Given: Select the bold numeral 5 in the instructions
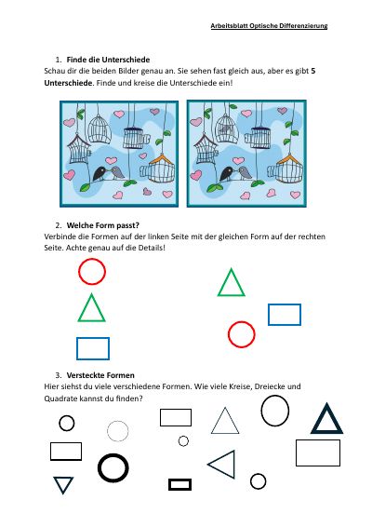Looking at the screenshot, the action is pos(313,71).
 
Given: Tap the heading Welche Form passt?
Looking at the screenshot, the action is pos(102,225).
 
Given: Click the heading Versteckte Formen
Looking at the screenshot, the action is pos(100,375).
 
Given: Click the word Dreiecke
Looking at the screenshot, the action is pos(270,386).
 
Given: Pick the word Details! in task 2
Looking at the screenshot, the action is pos(152,248).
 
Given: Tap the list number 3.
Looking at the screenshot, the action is pos(58,375).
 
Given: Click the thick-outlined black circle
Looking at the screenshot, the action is pos(113,467).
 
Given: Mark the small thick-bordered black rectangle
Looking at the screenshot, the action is pos(180,485).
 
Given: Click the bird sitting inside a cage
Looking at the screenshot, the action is pos(224,128).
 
